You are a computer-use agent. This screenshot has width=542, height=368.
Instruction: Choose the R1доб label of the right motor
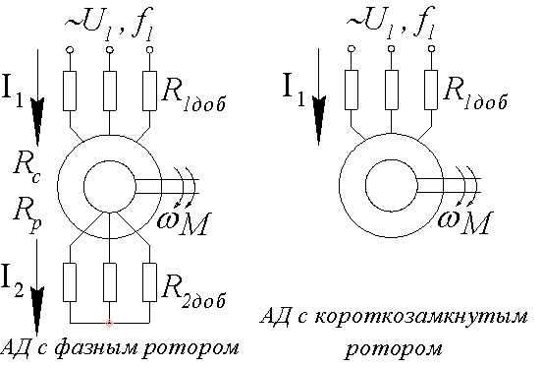pos(478,94)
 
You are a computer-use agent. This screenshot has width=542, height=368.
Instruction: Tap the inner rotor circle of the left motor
pos(109,183)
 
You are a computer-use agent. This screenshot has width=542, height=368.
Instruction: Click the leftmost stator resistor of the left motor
pos(71,91)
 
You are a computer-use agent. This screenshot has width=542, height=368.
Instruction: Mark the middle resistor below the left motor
pos(109,280)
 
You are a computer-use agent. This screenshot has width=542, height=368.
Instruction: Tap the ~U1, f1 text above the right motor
pos(389,21)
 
